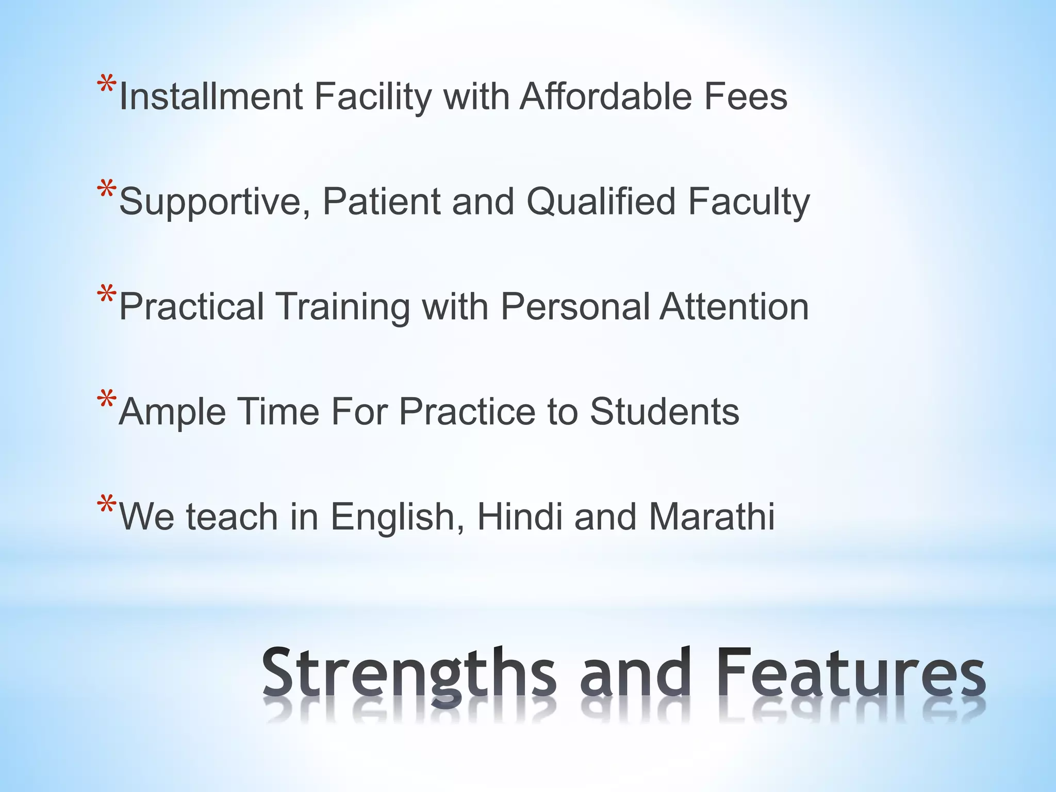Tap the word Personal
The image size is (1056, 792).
tap(575, 307)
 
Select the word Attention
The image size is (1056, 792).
tap(734, 307)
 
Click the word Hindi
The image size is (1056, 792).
tap(520, 516)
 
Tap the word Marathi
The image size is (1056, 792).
tap(712, 516)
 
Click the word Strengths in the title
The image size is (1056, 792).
tap(409, 673)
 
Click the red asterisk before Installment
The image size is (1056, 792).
tap(106, 85)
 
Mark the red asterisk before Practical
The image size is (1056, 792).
tap(106, 295)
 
